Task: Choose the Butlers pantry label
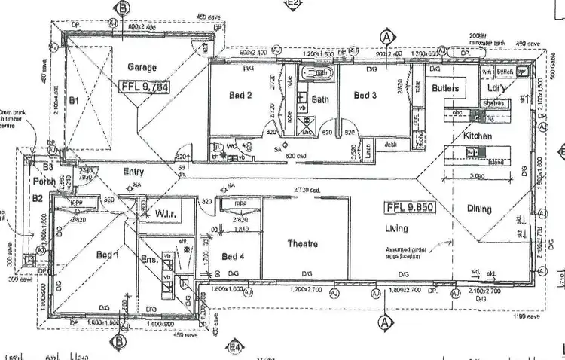click(445, 87)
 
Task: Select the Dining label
click(479, 209)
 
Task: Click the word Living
click(396, 228)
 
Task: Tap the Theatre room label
click(302, 243)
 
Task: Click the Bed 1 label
click(108, 255)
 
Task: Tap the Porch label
click(41, 182)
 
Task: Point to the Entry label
click(133, 172)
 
